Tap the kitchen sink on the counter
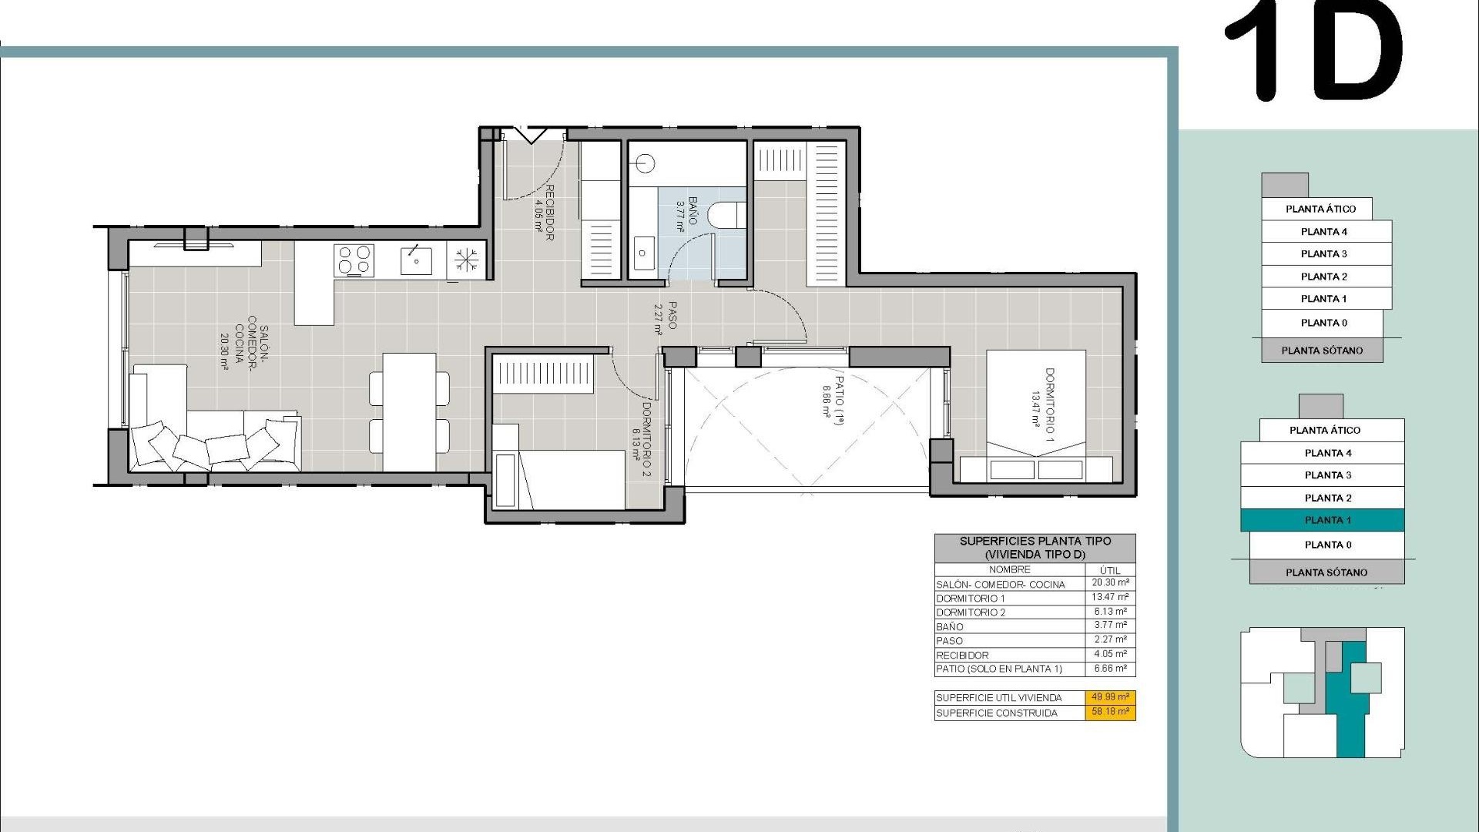tap(416, 260)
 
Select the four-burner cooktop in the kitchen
tap(354, 260)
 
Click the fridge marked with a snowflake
tap(466, 260)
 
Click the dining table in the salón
tap(409, 412)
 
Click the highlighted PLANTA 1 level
tap(1322, 521)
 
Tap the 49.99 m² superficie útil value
tap(1110, 697)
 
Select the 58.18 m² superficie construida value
tap(1110, 712)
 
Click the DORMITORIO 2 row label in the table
tap(971, 612)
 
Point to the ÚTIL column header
tap(1110, 570)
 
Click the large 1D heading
tap(1313, 54)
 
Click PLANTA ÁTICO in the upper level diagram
tap(1320, 209)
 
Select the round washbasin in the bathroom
tap(645, 163)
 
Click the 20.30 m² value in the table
tap(1110, 583)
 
